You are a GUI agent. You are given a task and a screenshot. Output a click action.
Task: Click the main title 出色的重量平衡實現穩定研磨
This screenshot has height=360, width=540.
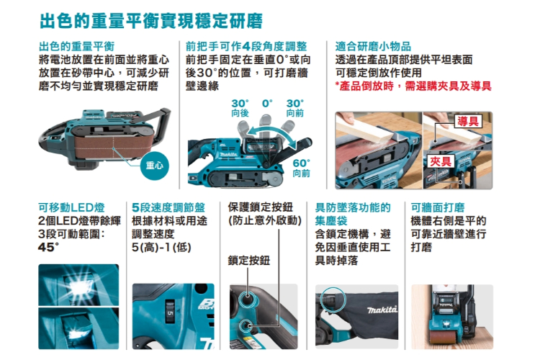click(151, 21)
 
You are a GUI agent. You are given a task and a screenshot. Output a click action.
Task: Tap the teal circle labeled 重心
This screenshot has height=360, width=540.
click(155, 166)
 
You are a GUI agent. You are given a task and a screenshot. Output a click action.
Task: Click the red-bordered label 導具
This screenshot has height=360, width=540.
click(468, 121)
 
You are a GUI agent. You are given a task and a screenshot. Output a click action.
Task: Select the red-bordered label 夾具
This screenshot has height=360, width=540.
click(441, 161)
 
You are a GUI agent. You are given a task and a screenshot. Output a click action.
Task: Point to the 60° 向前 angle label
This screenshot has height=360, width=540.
click(302, 168)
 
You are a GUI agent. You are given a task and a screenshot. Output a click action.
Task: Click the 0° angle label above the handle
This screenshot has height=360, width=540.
click(267, 104)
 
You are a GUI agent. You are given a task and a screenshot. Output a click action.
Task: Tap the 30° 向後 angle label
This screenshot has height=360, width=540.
click(240, 108)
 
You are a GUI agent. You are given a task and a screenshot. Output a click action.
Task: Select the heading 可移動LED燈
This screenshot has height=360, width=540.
click(71, 207)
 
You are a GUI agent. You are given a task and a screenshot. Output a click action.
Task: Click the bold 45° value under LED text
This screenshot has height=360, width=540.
click(48, 248)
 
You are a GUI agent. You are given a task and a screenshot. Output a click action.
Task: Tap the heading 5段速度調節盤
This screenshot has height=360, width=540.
click(168, 207)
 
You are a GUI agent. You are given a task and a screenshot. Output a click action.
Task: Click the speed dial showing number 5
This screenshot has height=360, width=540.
click(170, 312)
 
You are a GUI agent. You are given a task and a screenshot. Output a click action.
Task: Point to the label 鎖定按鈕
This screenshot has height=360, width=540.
click(249, 261)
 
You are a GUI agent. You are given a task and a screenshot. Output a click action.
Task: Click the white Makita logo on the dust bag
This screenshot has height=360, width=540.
click(382, 310)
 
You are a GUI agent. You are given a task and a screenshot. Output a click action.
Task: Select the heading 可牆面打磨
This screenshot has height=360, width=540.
click(438, 207)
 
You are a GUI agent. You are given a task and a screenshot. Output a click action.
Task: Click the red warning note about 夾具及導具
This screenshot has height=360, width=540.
click(413, 86)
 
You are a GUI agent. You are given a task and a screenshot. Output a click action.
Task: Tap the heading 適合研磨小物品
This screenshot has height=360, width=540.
click(373, 46)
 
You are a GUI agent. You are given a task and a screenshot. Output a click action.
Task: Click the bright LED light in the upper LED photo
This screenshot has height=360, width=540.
click(80, 285)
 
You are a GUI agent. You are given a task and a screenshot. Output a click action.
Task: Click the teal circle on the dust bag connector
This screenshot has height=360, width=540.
click(333, 300)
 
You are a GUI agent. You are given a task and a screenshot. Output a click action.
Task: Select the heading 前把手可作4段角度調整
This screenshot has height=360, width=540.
click(246, 46)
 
